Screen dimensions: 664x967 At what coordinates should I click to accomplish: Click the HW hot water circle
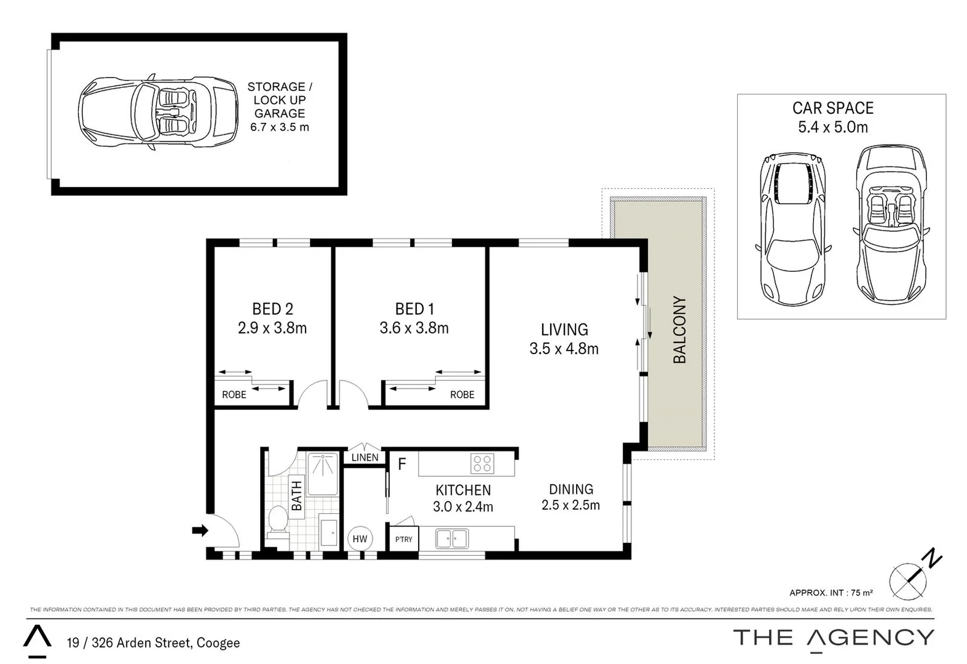[360, 539]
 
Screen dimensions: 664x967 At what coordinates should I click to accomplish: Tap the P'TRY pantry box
[404, 539]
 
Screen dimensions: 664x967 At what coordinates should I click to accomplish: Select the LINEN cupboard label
[365, 457]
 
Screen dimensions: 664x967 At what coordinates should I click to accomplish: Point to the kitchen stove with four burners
[482, 464]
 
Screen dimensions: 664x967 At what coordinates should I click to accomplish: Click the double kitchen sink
[452, 539]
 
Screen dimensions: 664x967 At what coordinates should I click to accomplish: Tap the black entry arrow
[200, 531]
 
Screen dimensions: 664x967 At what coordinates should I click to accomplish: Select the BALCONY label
[679, 330]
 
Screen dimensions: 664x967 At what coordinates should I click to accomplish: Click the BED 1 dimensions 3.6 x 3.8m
[414, 328]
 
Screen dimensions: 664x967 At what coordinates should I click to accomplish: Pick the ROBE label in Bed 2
[234, 395]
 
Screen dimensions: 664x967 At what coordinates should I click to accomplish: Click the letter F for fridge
[402, 464]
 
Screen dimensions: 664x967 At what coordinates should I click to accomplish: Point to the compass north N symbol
[933, 559]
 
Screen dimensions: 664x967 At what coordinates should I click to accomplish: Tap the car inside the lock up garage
[158, 111]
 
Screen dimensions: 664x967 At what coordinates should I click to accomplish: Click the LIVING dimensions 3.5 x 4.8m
[564, 349]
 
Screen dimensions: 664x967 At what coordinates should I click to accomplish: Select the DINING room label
[570, 489]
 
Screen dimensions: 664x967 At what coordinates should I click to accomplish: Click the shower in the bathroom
[323, 474]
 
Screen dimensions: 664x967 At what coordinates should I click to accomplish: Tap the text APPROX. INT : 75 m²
[831, 593]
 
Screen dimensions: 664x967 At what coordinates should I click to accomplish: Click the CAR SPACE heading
[832, 108]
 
